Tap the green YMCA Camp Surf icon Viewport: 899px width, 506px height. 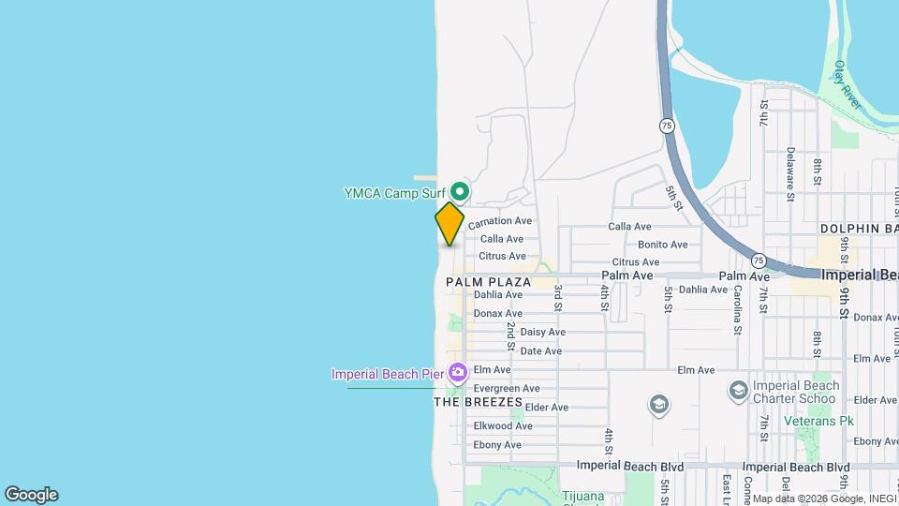(461, 192)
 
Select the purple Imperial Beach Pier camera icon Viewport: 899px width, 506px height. (458, 373)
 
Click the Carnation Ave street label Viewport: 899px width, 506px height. (499, 221)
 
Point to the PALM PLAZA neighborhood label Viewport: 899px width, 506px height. (488, 281)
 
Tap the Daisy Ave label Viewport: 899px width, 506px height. (542, 332)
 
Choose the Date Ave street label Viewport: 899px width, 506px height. (540, 350)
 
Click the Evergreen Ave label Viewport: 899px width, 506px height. (507, 388)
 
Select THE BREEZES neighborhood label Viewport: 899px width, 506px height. (478, 402)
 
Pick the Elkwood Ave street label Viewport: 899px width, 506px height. (503, 425)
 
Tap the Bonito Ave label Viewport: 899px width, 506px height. (663, 245)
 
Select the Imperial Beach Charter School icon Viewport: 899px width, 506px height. (738, 389)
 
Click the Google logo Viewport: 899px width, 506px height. (31, 495)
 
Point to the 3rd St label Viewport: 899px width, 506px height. (557, 298)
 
